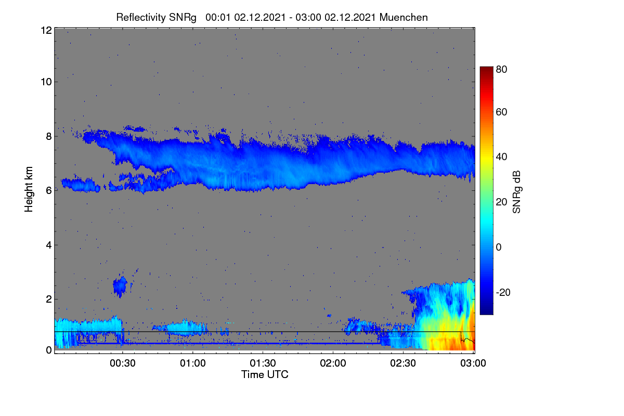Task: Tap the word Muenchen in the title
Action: coord(404,18)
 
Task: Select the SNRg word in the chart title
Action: coord(183,18)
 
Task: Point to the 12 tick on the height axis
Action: coord(46,30)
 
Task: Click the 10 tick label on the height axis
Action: coord(46,82)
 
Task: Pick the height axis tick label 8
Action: coord(49,137)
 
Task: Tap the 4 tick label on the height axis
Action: coord(49,245)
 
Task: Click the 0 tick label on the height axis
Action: coord(49,350)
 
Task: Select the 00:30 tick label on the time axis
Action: coord(123,363)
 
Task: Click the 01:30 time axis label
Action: coord(263,363)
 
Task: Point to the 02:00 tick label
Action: coord(333,363)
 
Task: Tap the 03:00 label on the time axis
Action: coord(473,363)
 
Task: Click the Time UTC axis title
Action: coord(265,375)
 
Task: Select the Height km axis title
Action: coord(29,189)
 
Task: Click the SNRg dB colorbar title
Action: coord(516,192)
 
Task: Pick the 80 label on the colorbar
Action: coord(501,69)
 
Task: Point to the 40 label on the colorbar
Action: coord(501,157)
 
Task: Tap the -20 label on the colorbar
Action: coord(503,293)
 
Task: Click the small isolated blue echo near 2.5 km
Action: coord(120,287)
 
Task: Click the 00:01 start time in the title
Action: coord(218,18)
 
